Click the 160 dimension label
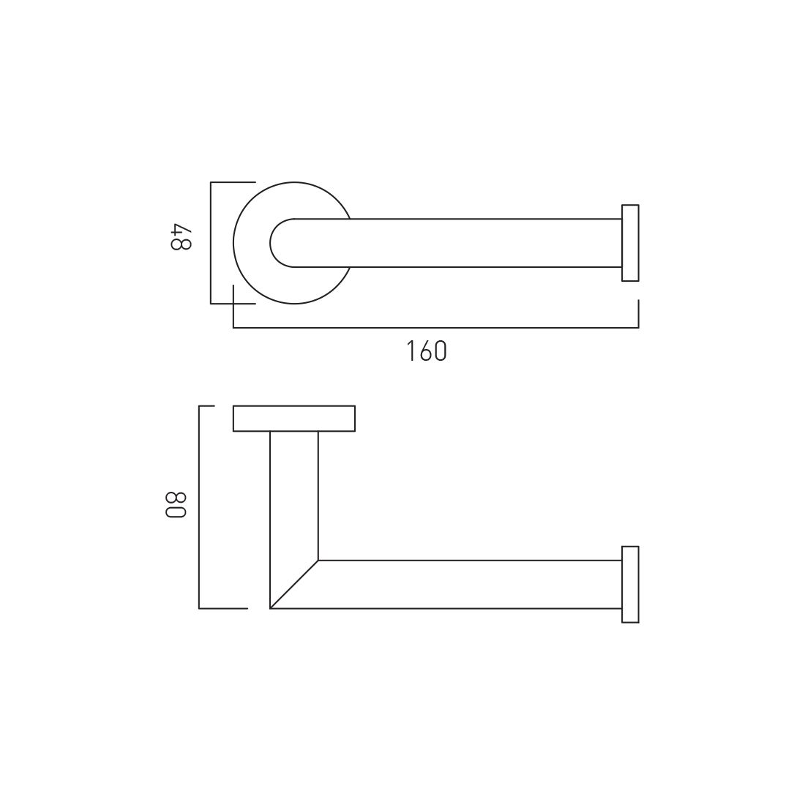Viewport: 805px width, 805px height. pyautogui.click(x=427, y=352)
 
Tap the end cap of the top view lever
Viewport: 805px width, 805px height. pyautogui.click(x=630, y=243)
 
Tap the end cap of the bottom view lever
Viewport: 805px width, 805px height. pyautogui.click(x=630, y=584)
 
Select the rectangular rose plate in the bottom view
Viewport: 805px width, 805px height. pyautogui.click(x=294, y=419)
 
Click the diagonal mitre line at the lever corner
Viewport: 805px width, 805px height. pyautogui.click(x=294, y=584)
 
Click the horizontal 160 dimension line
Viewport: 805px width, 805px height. pyautogui.click(x=439, y=328)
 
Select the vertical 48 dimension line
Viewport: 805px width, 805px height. pyautogui.click(x=211, y=243)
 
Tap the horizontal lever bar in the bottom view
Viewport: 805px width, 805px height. pyautogui.click(x=468, y=584)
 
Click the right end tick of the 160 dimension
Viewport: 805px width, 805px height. pyautogui.click(x=638, y=313)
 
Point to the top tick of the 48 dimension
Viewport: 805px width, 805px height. pyautogui.click(x=233, y=182)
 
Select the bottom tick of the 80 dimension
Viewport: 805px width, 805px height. pyautogui.click(x=223, y=608)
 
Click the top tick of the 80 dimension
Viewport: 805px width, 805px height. pyautogui.click(x=206, y=406)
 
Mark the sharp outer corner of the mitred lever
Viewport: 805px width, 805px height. pyautogui.click(x=271, y=608)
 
